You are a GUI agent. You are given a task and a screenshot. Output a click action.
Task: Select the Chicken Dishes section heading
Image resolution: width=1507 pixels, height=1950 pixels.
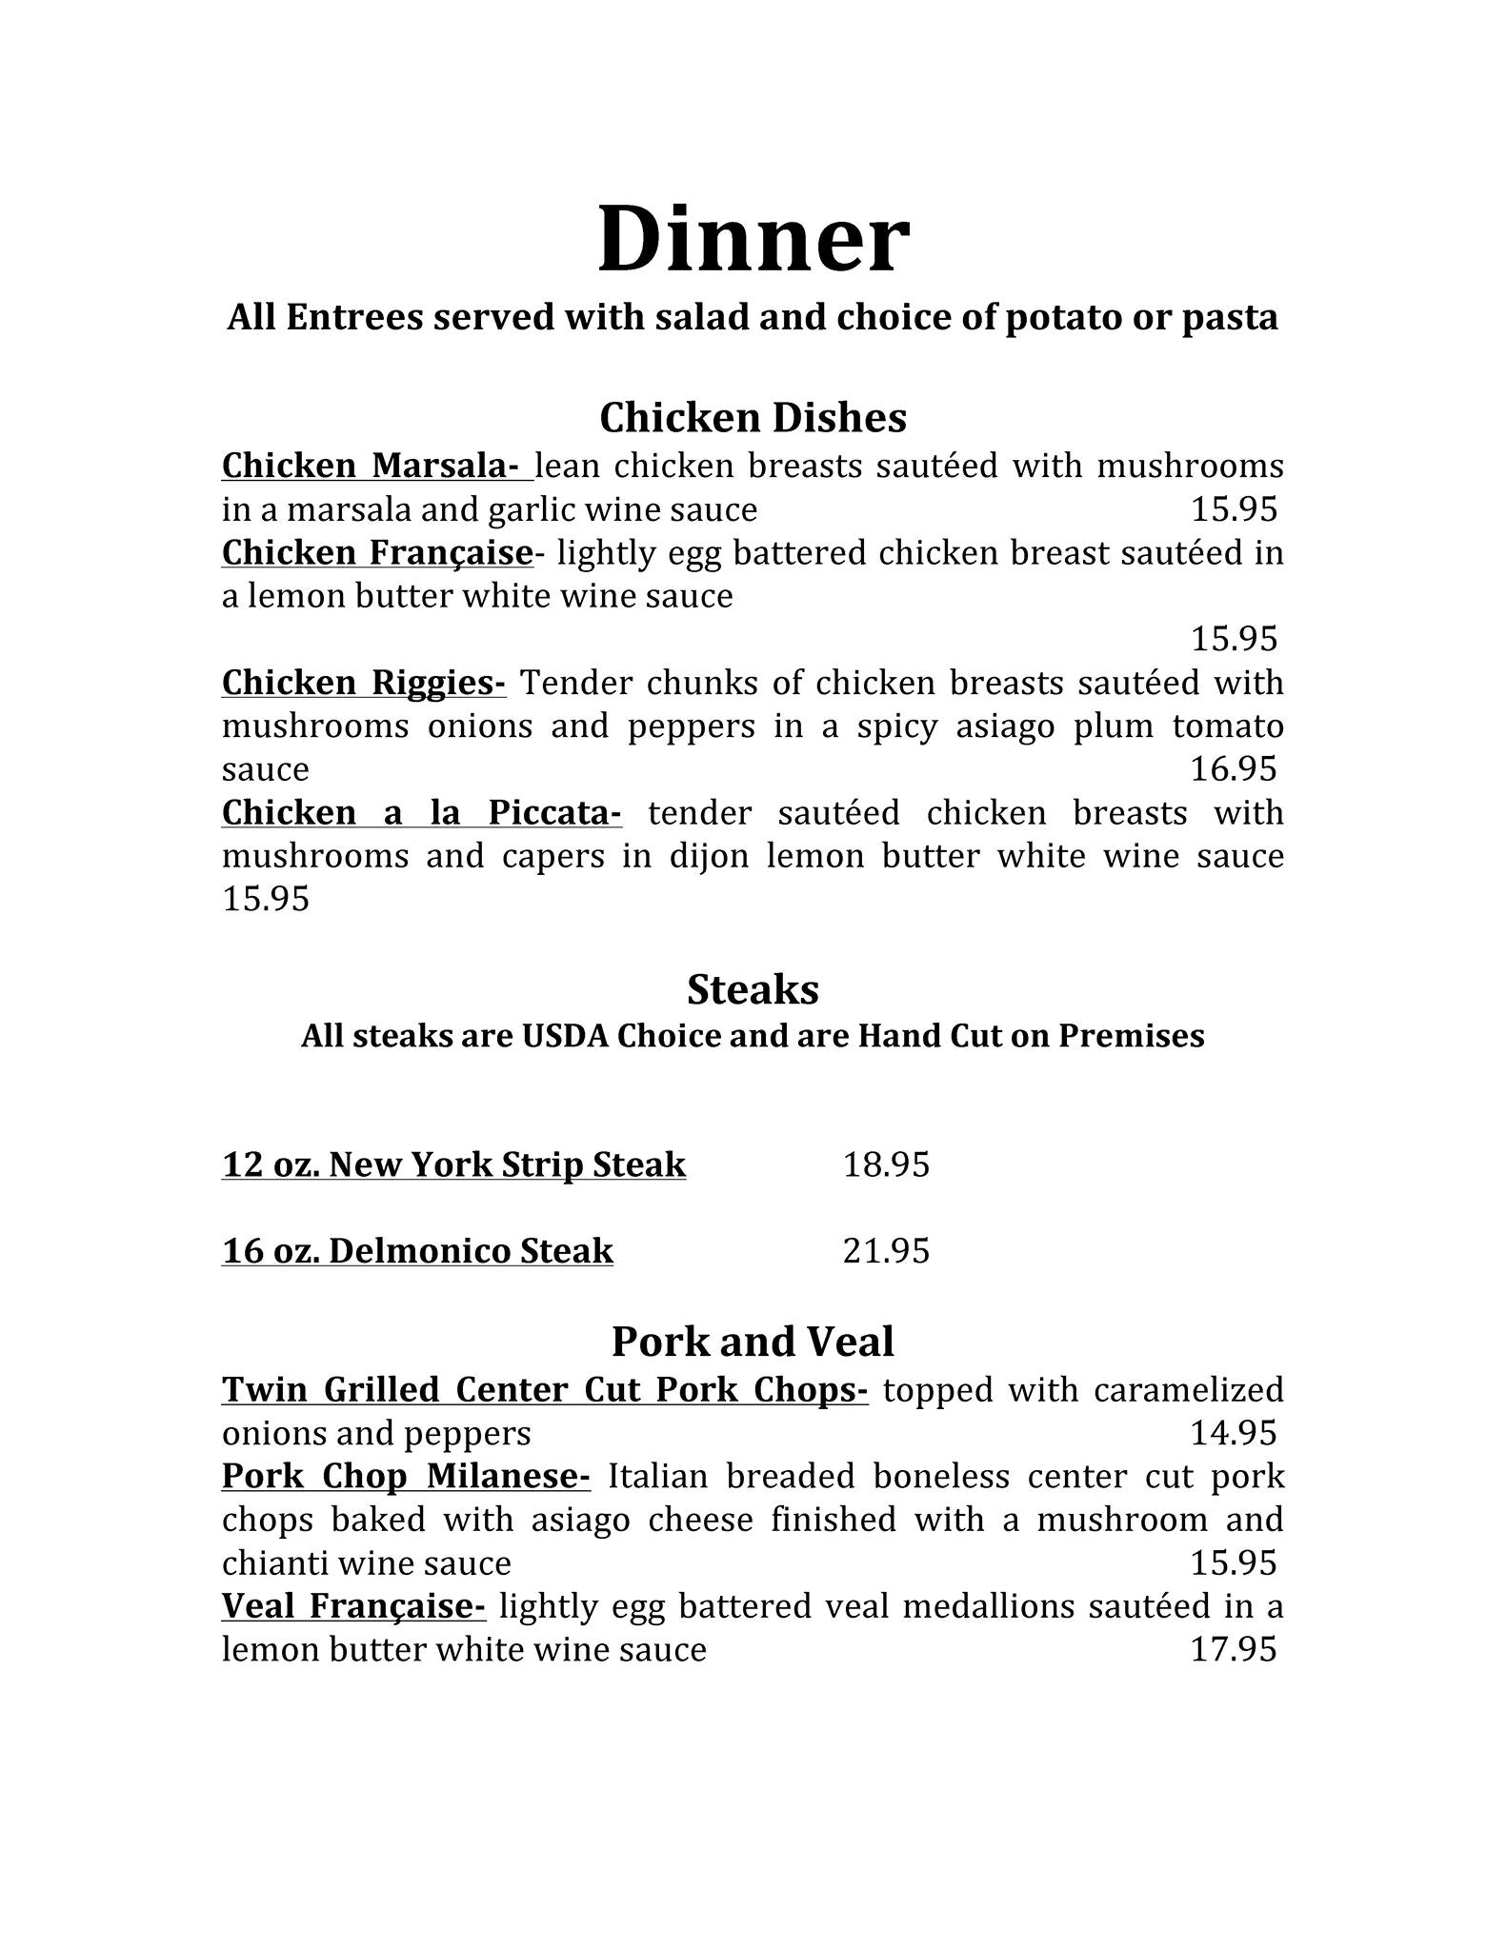[753, 417]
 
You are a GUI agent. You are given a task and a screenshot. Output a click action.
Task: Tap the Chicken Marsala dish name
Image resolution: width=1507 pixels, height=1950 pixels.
[370, 467]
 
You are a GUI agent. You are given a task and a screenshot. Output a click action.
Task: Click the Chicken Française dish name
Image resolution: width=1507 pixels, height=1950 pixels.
[376, 553]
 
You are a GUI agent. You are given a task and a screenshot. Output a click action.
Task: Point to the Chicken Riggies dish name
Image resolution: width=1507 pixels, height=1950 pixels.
[364, 684]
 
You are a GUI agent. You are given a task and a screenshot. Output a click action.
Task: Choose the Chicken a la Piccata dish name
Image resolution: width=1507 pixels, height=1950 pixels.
[421, 813]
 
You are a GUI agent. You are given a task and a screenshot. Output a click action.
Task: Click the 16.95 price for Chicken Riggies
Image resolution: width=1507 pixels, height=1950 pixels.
[1233, 769]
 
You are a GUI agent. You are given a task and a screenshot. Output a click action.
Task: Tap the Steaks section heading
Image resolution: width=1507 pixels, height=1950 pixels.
[753, 990]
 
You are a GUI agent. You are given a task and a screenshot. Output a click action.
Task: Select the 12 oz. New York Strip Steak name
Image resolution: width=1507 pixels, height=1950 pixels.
[453, 1164]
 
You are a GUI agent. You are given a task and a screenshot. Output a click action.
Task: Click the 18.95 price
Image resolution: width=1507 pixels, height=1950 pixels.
[886, 1164]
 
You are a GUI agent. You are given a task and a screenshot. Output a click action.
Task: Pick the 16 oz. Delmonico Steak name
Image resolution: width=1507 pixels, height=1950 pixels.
[417, 1251]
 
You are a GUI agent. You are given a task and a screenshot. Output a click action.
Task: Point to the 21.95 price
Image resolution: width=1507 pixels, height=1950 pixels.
[886, 1251]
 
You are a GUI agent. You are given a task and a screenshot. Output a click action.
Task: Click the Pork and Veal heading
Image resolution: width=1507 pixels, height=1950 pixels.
[753, 1342]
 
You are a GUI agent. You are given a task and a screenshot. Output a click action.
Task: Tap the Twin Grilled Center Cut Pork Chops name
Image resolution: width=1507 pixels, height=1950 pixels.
[544, 1390]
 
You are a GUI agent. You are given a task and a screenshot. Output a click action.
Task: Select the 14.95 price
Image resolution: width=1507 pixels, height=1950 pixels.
[1233, 1433]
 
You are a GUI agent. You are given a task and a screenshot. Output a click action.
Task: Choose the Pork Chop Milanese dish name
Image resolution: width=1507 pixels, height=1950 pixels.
[406, 1477]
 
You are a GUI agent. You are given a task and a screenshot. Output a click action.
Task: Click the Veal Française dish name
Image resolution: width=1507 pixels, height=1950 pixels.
[353, 1606]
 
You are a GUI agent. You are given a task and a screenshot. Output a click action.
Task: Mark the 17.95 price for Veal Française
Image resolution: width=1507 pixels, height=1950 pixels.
[1233, 1649]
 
